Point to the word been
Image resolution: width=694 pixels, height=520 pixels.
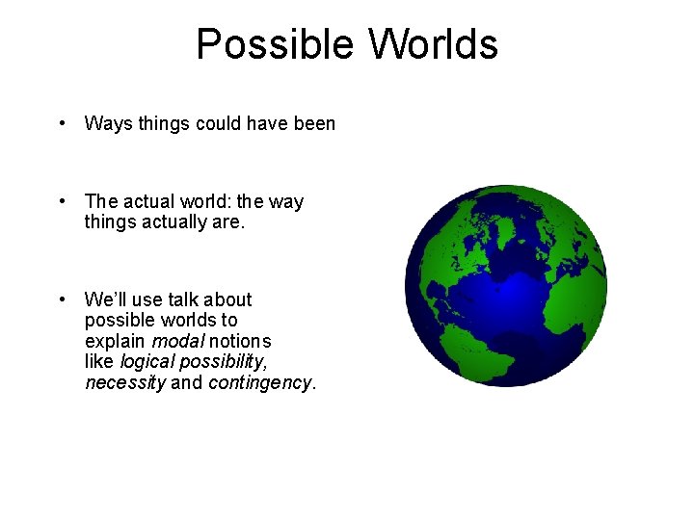pos(312,123)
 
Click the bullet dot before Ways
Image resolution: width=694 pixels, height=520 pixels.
pos(62,123)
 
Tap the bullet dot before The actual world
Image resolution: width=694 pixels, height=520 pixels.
pos(62,201)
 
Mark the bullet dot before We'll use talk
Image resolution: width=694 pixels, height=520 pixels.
pos(62,299)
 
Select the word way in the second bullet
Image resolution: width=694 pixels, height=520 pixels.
pos(285,201)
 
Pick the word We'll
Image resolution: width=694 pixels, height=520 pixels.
pos(108,299)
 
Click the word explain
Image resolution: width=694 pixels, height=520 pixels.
pos(114,342)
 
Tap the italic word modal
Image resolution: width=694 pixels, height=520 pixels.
pos(173,341)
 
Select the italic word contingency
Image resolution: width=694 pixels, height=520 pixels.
pos(259,382)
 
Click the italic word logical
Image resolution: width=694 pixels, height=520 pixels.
pos(147,362)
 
